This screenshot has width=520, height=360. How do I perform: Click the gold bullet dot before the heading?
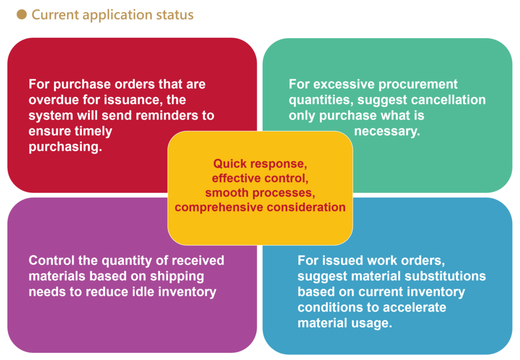pyautogui.click(x=21, y=15)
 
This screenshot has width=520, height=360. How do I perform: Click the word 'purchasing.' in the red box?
pyautogui.click(x=66, y=147)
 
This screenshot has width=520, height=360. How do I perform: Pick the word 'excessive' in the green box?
pyautogui.click(x=344, y=84)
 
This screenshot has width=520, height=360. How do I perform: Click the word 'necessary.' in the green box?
pyautogui.click(x=387, y=132)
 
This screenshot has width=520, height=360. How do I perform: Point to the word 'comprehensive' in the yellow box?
pyautogui.click(x=219, y=208)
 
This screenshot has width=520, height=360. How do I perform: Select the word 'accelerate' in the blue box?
pyautogui.click(x=414, y=307)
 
